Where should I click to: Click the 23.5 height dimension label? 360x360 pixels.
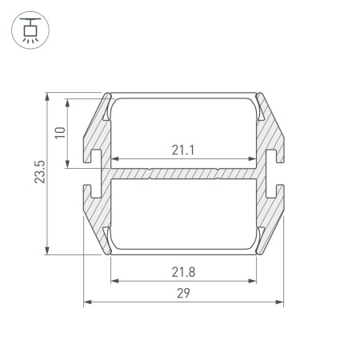click(x=40, y=172)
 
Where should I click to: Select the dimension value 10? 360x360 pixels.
click(x=60, y=133)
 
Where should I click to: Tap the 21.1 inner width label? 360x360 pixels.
click(x=183, y=150)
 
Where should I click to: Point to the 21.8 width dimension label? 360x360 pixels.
click(x=183, y=272)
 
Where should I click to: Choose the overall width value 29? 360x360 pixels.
click(x=183, y=293)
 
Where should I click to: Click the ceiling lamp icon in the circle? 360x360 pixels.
click(x=30, y=30)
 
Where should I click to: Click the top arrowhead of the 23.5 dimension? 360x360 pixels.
click(x=47, y=97)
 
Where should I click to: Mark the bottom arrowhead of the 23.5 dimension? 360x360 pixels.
click(x=47, y=250)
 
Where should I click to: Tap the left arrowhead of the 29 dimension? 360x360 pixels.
click(x=88, y=302)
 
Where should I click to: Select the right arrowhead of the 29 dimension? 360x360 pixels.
click(x=279, y=302)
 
